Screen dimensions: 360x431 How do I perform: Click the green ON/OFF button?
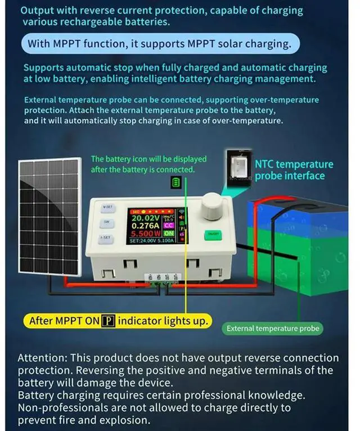tap(213, 233)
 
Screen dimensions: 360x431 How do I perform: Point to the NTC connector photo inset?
tap(238, 168)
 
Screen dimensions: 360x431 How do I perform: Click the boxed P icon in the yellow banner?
tap(108, 321)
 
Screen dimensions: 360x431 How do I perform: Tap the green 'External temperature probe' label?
tap(273, 329)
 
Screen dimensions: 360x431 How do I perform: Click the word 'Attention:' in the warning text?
tap(43, 358)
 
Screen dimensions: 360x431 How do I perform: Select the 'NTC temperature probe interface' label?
tap(294, 170)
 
